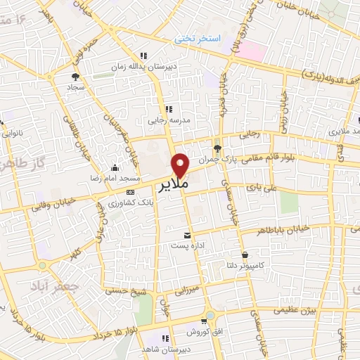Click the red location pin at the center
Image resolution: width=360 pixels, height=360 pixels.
coord(181,165)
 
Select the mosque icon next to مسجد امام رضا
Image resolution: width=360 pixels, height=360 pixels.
coord(115,167)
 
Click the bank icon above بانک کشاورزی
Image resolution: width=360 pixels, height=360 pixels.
coord(130,191)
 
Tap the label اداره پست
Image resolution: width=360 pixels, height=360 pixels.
coord(186,246)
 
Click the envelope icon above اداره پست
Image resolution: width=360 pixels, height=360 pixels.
coord(186,235)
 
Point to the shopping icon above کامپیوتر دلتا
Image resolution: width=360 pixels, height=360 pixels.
coord(244,255)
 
